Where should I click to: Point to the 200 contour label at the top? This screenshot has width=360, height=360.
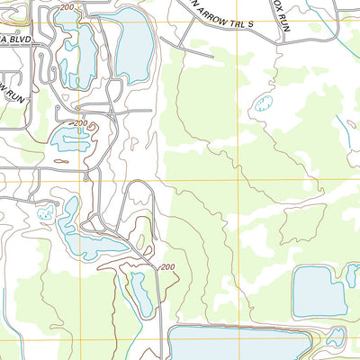(67, 7)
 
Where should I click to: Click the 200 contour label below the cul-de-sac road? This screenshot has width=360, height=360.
(80, 122)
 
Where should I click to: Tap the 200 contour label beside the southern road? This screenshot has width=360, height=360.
(166, 267)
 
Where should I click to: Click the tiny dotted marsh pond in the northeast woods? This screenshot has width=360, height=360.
(264, 103)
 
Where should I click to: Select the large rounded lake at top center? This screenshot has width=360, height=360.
(133, 49)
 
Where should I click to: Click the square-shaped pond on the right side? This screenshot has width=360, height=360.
(319, 290)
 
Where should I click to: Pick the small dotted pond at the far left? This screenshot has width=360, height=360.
(44, 214)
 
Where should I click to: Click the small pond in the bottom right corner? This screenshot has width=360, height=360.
(336, 337)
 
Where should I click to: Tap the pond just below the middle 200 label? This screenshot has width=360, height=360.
(70, 139)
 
